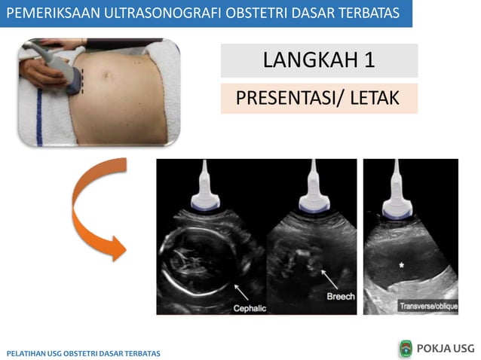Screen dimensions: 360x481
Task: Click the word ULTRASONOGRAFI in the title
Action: [160, 13]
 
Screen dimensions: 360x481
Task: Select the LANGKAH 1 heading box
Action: [319, 61]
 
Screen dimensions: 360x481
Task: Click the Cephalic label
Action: [250, 308]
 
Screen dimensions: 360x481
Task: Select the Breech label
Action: [341, 297]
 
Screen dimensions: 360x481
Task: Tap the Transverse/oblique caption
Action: [426, 306]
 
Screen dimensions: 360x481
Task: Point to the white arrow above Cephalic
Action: [240, 290]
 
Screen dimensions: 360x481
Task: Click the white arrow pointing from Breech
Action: [328, 279]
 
